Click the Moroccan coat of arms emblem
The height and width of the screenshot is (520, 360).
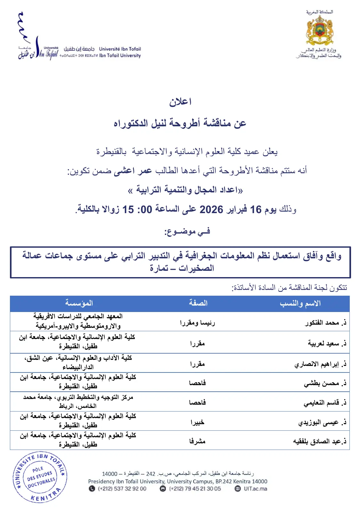pyautogui.click(x=319, y=30)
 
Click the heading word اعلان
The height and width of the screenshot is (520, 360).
pyautogui.click(x=180, y=102)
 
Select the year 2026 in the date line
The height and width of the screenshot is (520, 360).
pyautogui.click(x=211, y=210)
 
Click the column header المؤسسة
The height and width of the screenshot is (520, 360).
pyautogui.click(x=79, y=303)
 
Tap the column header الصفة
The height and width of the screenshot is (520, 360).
pyautogui.click(x=198, y=303)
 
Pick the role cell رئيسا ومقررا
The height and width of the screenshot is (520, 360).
pyautogui.click(x=197, y=323)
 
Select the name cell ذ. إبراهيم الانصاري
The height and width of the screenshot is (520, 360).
pyautogui.click(x=320, y=364)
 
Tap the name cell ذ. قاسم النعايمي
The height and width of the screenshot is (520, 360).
pyautogui.click(x=325, y=403)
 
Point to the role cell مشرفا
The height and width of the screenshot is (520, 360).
pyautogui.click(x=197, y=441)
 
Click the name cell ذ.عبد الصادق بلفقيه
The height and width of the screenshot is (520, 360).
pyautogui.click(x=320, y=442)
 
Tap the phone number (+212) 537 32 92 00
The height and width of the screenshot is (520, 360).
pyautogui.click(x=122, y=489)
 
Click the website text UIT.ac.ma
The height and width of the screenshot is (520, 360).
pyautogui.click(x=255, y=489)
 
